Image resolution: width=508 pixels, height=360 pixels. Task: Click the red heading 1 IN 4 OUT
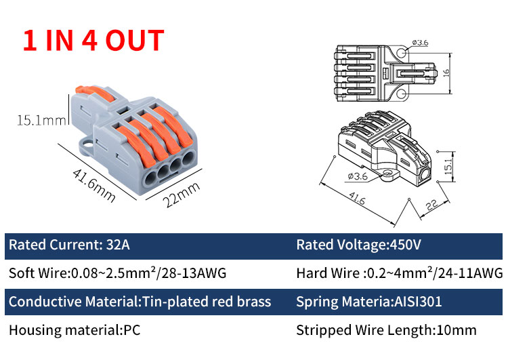click(93, 40)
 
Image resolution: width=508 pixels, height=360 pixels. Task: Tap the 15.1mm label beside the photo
click(41, 120)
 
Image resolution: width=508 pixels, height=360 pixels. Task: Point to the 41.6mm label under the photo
click(93, 185)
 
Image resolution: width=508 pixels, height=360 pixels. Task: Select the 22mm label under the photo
click(181, 195)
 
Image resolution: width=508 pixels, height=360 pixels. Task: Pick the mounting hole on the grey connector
click(87, 143)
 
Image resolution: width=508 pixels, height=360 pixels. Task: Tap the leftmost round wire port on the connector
click(150, 178)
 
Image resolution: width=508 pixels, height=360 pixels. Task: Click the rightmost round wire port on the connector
click(188, 159)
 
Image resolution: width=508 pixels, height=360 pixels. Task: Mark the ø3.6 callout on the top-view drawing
click(420, 43)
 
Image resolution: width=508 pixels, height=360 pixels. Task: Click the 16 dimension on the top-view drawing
click(447, 73)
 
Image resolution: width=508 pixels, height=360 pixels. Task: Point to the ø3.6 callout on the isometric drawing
click(358, 176)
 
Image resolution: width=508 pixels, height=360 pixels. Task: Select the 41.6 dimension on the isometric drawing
click(357, 198)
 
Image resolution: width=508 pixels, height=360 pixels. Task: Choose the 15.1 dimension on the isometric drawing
click(448, 166)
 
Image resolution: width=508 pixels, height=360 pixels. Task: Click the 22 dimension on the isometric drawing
click(432, 205)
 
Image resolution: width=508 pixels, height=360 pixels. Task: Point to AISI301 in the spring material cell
click(418, 302)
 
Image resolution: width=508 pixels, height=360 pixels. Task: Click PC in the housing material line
click(132, 330)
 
